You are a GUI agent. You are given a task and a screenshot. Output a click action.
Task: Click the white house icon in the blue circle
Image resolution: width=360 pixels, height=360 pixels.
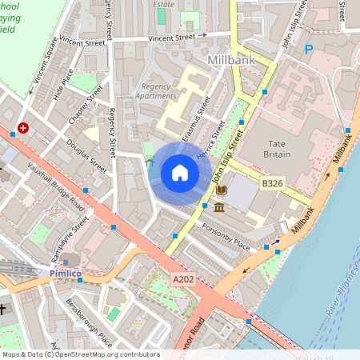click(x=180, y=173)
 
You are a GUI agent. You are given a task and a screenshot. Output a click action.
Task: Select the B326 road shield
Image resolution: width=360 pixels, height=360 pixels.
click(x=272, y=184)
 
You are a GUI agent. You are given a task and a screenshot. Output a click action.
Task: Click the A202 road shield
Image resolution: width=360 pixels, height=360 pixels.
click(x=182, y=280)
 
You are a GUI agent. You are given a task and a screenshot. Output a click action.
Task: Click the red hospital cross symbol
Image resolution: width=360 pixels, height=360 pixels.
click(x=23, y=127)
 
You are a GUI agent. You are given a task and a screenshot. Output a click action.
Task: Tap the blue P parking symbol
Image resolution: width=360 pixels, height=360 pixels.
click(x=309, y=50)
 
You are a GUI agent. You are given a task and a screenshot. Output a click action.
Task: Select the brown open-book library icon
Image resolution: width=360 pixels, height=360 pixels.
click(x=221, y=190)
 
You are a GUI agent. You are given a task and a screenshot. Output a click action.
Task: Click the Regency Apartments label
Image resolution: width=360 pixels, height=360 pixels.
click(x=158, y=91)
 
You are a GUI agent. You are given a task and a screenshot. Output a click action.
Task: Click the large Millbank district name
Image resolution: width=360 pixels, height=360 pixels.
click(x=230, y=61)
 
